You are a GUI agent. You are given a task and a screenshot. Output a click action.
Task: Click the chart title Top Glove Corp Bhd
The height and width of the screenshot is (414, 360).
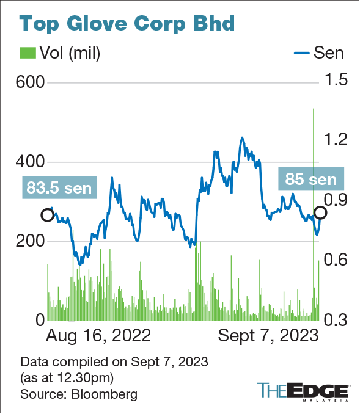[x=127, y=24]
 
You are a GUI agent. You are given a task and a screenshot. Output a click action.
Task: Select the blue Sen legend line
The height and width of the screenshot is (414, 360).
[x=299, y=53]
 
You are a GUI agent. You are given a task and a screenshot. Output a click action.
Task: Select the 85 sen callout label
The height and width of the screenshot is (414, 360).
[x=311, y=180]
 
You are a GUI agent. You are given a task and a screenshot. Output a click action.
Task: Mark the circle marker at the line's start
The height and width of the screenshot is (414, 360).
[x=47, y=215]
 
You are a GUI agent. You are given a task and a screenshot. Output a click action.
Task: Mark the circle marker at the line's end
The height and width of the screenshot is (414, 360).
[x=320, y=212]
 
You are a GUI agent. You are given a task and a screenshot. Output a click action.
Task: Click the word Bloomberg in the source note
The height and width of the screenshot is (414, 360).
[x=103, y=394]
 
